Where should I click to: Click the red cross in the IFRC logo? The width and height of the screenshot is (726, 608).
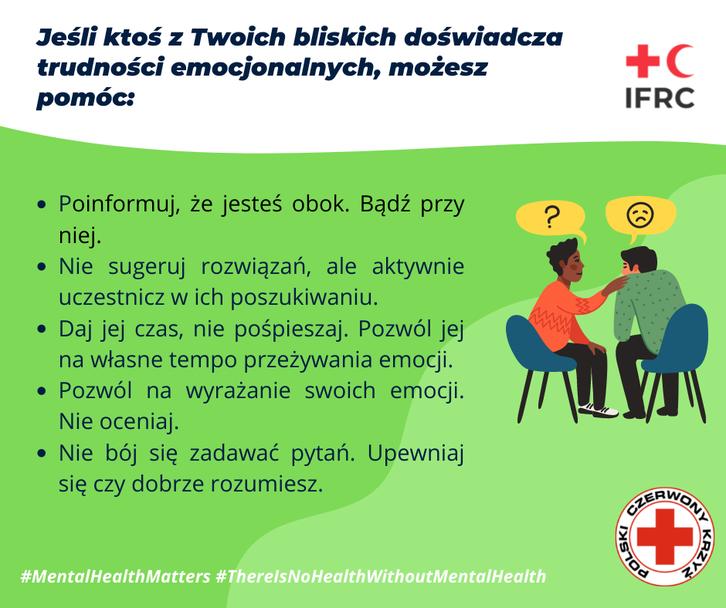tap(643, 61)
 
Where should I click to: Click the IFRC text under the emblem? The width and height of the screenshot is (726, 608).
tap(660, 98)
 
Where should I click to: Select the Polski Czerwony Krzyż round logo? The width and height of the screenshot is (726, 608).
tap(665, 536)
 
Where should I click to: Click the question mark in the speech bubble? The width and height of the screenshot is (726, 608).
tap(551, 217)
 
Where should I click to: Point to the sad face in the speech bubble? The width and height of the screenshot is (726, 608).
tap(640, 214)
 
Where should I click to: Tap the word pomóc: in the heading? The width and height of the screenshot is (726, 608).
tap(85, 98)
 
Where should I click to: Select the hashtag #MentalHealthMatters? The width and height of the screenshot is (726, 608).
tap(116, 576)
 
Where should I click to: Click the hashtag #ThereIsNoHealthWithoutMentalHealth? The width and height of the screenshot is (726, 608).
tap(381, 576)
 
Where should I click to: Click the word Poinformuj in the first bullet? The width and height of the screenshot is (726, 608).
tap(119, 204)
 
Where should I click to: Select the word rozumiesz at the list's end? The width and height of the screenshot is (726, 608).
tap(266, 485)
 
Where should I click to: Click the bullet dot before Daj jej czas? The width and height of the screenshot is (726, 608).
tap(42, 329)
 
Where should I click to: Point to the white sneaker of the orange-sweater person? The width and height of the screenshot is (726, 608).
tap(598, 410)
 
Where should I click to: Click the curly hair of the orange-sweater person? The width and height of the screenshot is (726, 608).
tap(562, 254)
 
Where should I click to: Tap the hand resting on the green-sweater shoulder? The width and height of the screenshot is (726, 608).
tap(615, 284)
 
